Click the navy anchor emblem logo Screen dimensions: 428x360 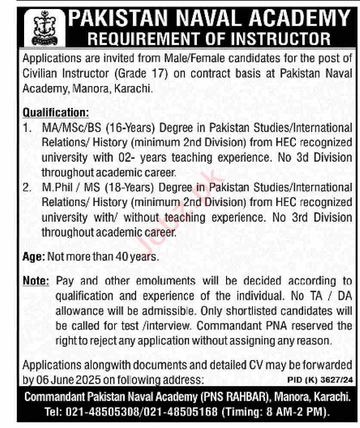coord(41,27)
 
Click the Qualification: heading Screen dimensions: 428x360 coord(56,113)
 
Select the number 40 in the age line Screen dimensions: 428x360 coord(121,257)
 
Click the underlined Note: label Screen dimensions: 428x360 coord(36,281)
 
